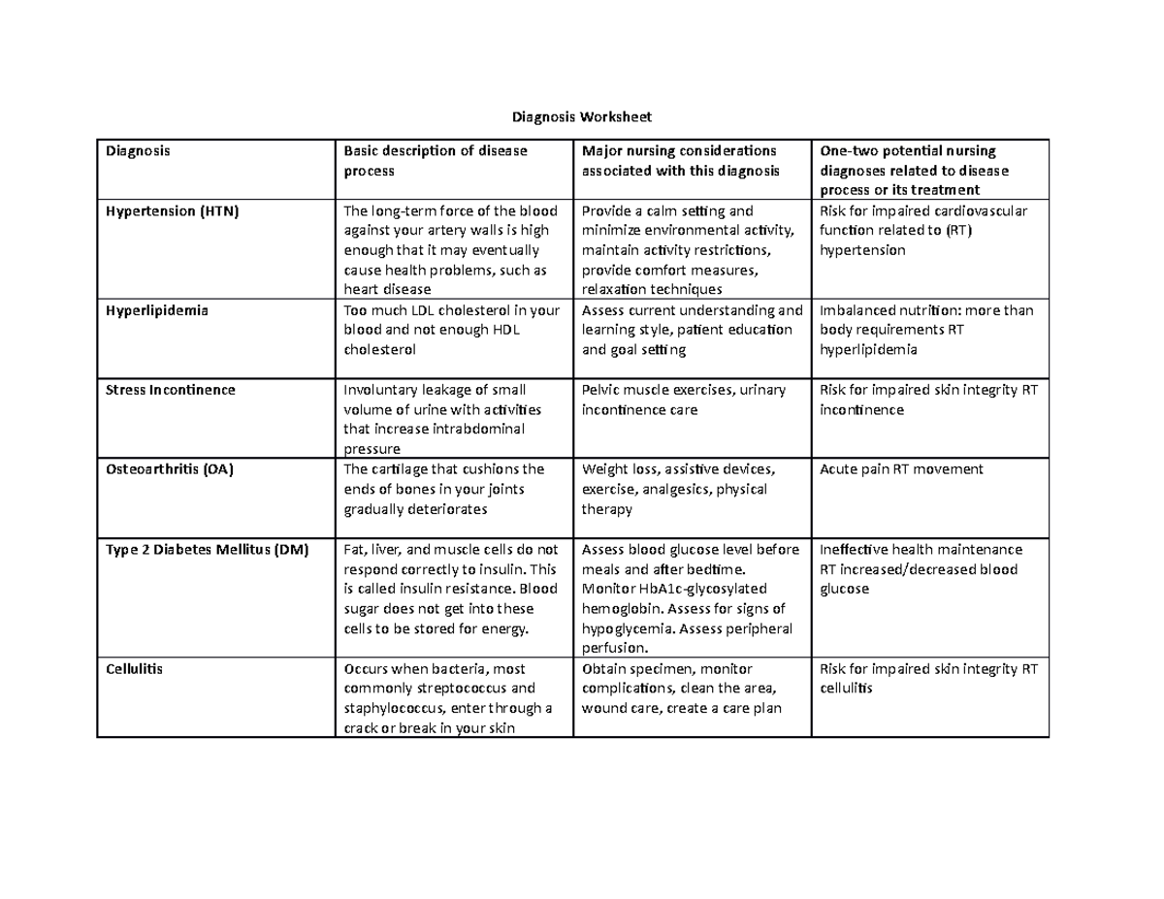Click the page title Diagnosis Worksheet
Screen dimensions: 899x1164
point(582,117)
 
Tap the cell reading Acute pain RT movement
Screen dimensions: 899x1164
point(901,469)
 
